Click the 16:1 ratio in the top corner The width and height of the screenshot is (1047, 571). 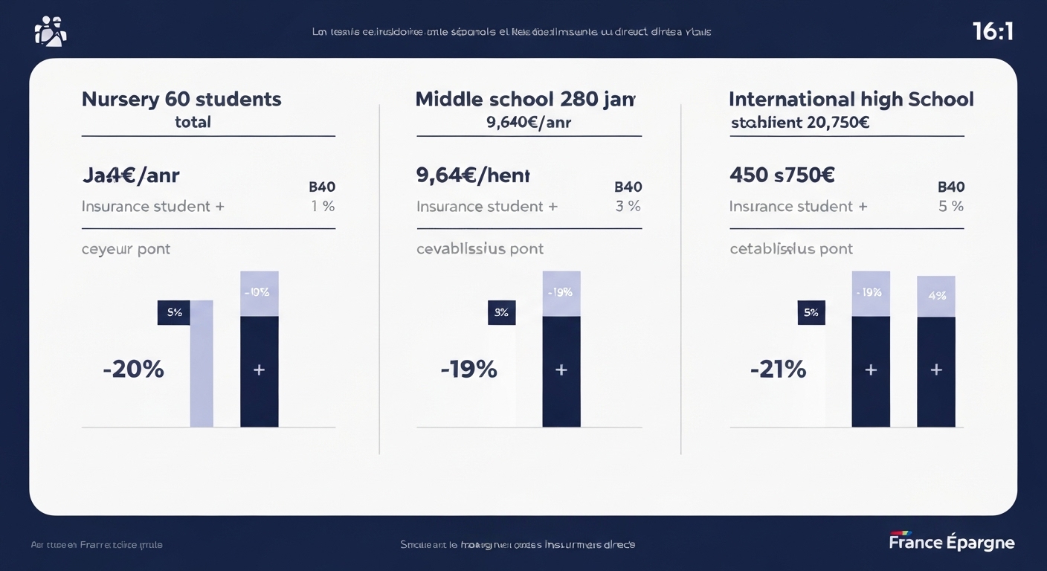coord(993,31)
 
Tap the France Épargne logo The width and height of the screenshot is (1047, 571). coord(951,542)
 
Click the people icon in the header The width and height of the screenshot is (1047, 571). coord(51,31)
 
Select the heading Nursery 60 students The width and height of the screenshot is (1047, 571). coord(181,99)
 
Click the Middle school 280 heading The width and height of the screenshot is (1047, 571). coord(525,99)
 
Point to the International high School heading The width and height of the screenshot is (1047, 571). coord(851,99)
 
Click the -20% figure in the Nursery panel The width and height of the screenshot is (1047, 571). coord(133,369)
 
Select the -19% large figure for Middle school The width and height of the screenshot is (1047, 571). coord(468,369)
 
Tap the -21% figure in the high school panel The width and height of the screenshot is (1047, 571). coord(778,369)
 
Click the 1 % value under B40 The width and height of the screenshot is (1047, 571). coord(323,207)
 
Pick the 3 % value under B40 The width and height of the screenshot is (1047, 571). coord(628,207)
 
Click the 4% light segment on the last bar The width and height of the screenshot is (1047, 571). coord(936,296)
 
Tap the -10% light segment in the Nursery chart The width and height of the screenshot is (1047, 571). coord(259,293)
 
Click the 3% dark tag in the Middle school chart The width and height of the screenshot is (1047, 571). coord(501,312)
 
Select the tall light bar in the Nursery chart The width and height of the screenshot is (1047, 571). coord(202,364)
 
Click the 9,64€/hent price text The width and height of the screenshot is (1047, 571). coord(473,175)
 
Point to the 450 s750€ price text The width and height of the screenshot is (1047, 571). coord(782,175)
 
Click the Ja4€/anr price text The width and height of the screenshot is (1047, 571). coord(130,175)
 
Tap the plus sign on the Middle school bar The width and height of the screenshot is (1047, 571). coord(561,370)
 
